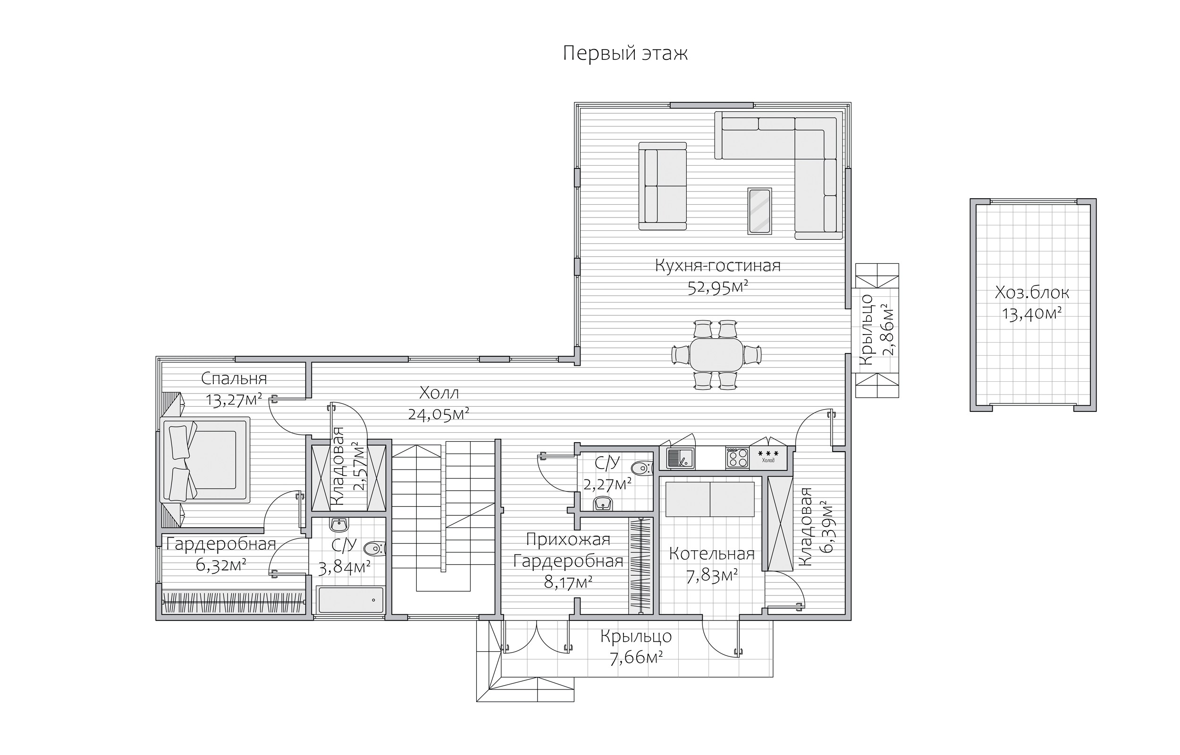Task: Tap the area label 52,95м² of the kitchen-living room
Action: click(718, 287)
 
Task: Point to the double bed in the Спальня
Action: click(205, 460)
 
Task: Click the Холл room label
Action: click(439, 393)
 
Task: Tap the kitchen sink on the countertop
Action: click(680, 457)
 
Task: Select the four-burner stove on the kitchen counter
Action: click(737, 457)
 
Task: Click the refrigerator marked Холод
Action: click(768, 458)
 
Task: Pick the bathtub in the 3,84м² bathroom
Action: click(351, 600)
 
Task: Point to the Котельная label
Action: click(712, 554)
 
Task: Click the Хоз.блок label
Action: click(1032, 293)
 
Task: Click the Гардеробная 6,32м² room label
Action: click(221, 554)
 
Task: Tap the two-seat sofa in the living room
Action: click(662, 186)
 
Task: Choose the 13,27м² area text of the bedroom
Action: click(234, 400)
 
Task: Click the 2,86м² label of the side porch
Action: click(887, 329)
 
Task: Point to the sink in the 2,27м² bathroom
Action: click(602, 504)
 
